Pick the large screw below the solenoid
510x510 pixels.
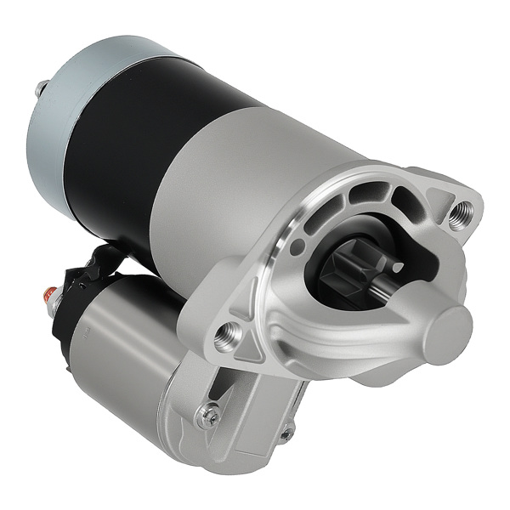pos(207,416)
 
